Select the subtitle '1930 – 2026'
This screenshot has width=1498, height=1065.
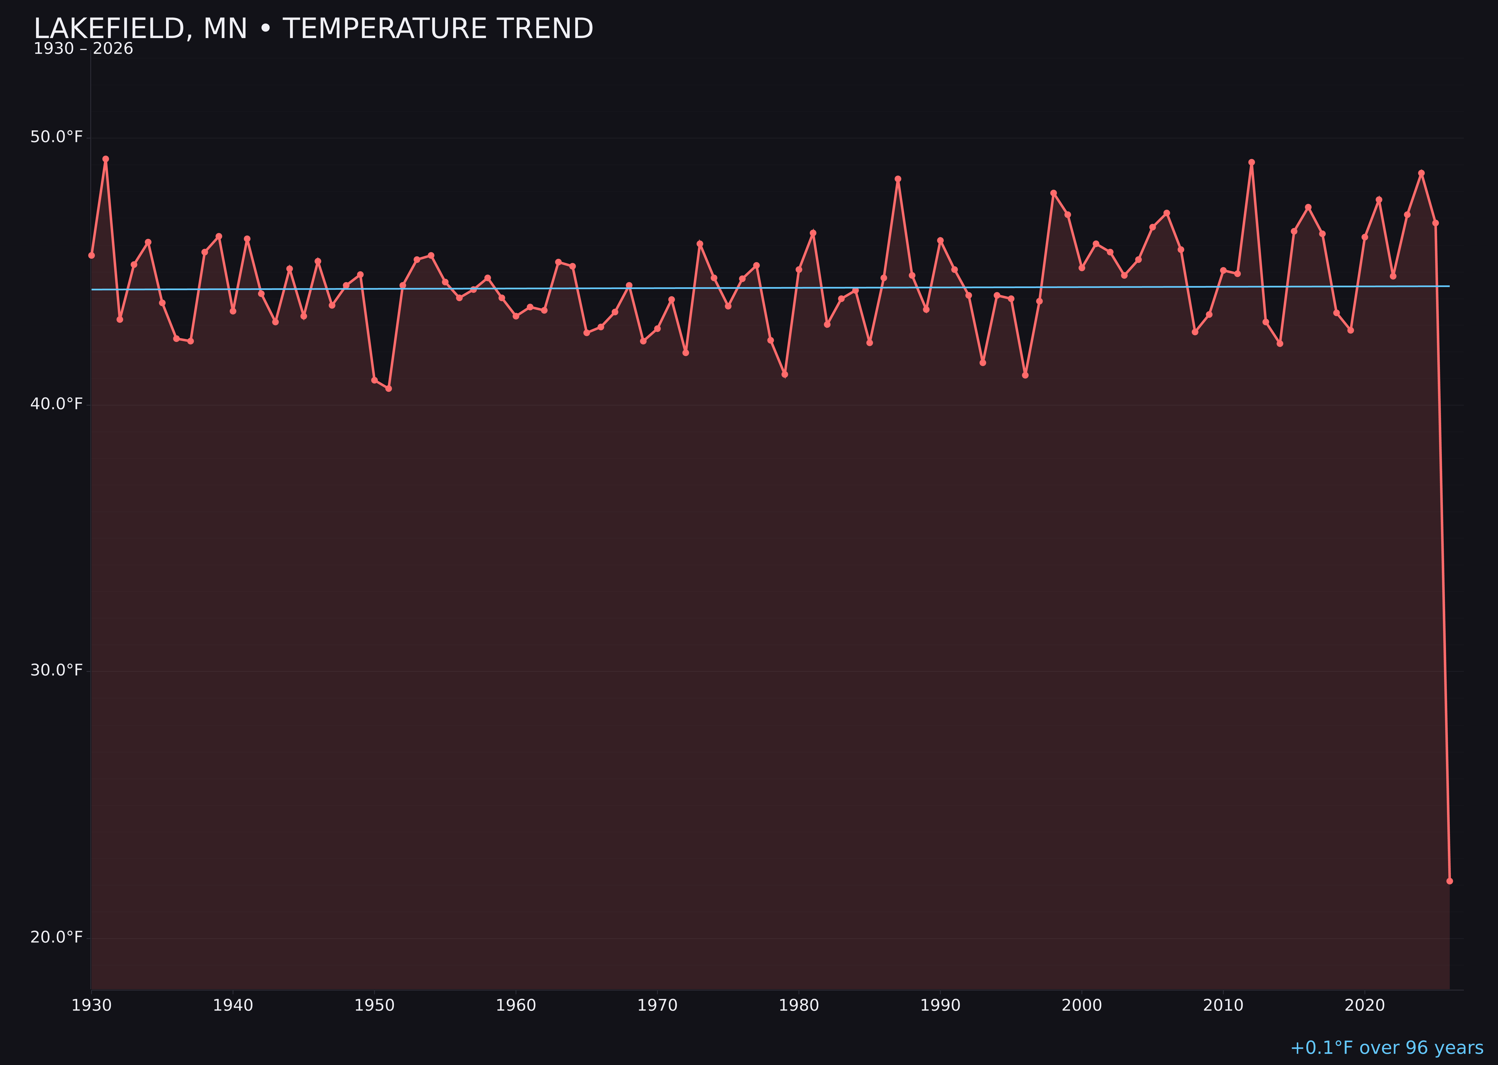point(83,49)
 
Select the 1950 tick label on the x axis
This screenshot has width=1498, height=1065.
point(374,1005)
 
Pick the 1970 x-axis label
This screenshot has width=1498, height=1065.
point(657,1005)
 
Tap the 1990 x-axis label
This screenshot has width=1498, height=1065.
point(940,1005)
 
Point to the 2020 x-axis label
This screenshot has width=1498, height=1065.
point(1364,1005)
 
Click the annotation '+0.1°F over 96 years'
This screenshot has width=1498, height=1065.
point(1386,1048)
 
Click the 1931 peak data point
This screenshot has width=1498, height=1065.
point(106,159)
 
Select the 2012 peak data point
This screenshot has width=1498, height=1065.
point(1252,162)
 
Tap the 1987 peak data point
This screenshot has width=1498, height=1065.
point(898,179)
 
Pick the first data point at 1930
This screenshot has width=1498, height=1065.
point(91,255)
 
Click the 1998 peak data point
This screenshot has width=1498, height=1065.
point(1053,193)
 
